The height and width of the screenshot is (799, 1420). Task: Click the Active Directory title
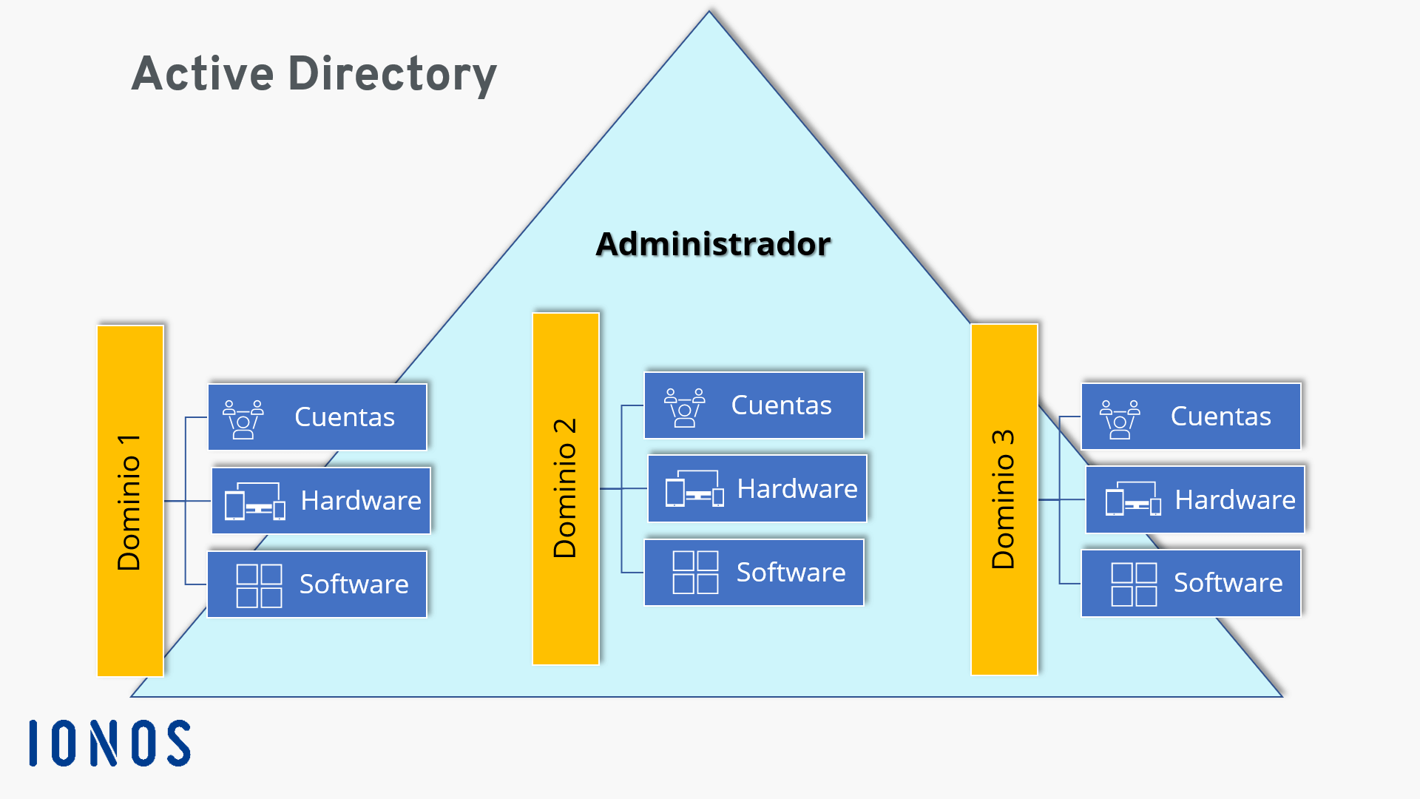[314, 74]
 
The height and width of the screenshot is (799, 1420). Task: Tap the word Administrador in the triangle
[713, 244]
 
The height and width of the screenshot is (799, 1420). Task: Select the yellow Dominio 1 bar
[130, 501]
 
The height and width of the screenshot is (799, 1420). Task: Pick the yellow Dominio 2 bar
[566, 488]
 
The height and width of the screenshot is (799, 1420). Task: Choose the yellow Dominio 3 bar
[1004, 499]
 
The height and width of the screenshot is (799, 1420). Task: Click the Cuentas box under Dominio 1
[317, 417]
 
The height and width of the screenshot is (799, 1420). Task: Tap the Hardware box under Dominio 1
[321, 500]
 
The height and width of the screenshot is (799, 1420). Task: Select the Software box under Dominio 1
[317, 584]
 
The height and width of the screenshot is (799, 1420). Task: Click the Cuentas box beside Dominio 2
[754, 405]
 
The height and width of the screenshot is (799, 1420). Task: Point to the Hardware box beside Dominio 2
[757, 488]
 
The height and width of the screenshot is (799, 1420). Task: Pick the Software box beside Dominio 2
[754, 572]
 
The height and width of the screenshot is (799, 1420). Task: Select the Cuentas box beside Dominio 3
[1191, 416]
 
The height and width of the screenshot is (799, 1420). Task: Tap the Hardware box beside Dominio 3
[1194, 499]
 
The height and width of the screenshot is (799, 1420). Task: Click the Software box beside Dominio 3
[1191, 583]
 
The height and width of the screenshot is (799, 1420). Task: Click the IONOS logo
[109, 743]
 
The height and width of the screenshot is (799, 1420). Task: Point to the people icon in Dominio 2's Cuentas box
[684, 407]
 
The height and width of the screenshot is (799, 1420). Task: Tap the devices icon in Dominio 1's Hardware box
[255, 502]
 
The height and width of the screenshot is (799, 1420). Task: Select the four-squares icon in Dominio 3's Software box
[1134, 584]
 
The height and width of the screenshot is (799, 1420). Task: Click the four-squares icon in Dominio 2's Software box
[695, 573]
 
